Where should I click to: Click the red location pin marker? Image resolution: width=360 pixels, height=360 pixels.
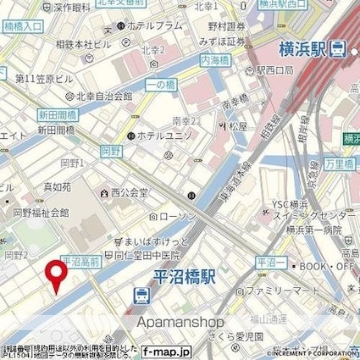(x=56, y=274)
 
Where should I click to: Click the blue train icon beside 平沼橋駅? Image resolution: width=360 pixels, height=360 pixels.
(x=141, y=296)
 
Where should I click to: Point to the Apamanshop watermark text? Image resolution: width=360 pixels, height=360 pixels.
(x=180, y=322)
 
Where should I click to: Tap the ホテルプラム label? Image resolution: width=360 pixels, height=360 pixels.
(x=156, y=27)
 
